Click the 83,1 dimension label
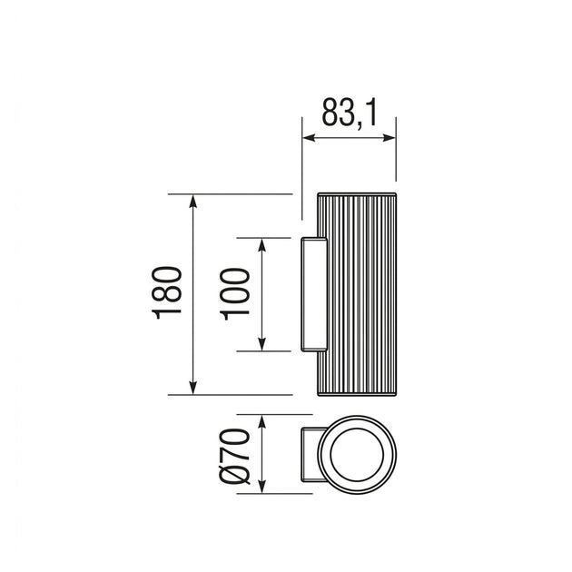click(349, 113)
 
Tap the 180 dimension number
click(167, 293)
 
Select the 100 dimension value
click(235, 294)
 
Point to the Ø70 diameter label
click(235, 456)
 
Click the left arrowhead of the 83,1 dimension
click(310, 138)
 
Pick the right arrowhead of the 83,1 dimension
click(389, 138)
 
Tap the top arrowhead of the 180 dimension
click(193, 202)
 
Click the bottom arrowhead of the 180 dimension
click(193, 388)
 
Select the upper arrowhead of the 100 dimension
click(261, 245)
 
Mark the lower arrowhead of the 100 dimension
click(261, 344)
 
